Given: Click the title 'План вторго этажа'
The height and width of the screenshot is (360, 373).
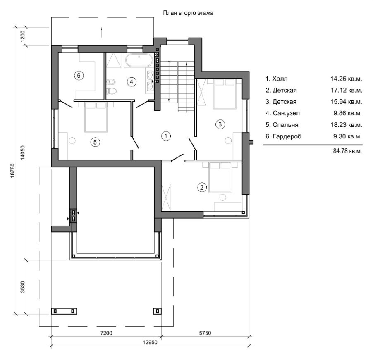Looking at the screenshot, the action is [188, 13].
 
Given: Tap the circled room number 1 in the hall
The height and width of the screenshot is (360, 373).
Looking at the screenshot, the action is [166, 136].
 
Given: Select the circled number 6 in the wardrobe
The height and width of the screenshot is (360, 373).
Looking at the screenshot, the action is [79, 76].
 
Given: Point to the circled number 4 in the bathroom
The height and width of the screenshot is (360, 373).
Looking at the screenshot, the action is [132, 82].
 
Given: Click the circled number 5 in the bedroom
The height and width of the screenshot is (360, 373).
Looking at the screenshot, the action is [95, 142].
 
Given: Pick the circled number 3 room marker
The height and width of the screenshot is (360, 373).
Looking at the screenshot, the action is [220, 124].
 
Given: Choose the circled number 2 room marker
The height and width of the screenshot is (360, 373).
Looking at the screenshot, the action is [202, 187].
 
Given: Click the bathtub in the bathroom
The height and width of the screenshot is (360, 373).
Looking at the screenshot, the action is [139, 61].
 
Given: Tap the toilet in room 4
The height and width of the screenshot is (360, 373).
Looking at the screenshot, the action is [112, 91].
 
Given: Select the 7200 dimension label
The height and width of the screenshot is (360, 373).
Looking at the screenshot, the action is [106, 333].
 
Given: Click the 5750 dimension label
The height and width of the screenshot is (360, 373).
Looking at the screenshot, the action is [205, 333].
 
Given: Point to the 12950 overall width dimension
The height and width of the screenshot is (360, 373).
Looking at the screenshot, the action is [150, 342].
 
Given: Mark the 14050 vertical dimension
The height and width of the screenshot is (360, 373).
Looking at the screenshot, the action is [23, 153].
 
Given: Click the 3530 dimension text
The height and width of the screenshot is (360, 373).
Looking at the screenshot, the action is [23, 287].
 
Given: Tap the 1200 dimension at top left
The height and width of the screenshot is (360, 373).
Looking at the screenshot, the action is [23, 36].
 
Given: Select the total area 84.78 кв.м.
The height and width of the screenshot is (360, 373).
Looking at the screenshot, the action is [347, 151].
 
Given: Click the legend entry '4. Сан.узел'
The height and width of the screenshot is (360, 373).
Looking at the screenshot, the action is [282, 113].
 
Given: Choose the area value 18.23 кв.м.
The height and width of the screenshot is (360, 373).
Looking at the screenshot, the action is [347, 125].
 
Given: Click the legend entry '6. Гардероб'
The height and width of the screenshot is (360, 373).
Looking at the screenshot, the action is [283, 136].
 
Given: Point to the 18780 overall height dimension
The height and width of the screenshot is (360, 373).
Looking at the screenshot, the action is [13, 170].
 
